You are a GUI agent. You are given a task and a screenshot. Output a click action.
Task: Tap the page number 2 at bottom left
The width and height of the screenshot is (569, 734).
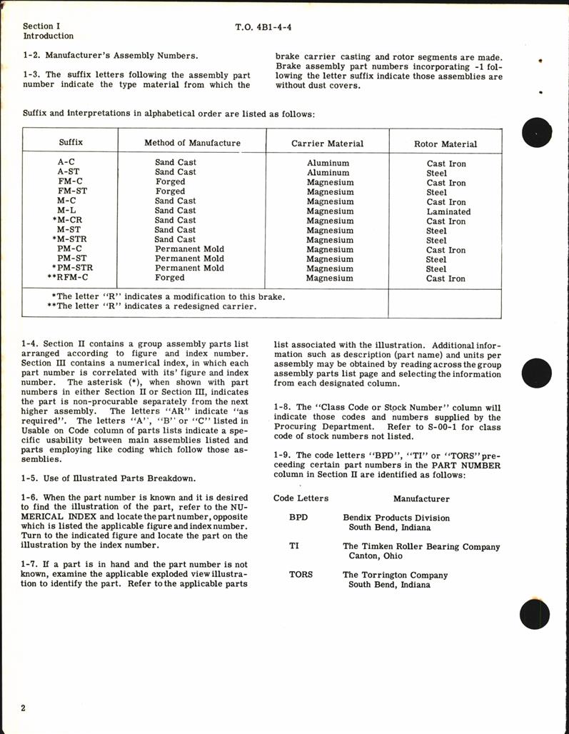[x=24, y=708]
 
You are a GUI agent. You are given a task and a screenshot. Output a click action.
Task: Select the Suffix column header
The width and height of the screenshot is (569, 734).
[x=71, y=143]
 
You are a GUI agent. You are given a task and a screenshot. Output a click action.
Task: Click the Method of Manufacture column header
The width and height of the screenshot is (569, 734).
[x=192, y=143]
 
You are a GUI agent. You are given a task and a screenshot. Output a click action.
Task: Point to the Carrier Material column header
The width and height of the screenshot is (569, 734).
[x=327, y=144]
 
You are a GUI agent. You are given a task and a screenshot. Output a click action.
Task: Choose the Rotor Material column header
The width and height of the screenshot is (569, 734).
[x=445, y=144]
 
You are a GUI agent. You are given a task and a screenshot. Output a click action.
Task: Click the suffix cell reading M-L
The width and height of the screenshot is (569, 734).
[x=66, y=211]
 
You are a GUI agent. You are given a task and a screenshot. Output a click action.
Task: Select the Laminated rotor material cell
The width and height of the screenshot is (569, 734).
[x=448, y=211]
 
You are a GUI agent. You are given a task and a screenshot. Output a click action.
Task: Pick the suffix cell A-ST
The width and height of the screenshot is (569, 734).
[x=68, y=172]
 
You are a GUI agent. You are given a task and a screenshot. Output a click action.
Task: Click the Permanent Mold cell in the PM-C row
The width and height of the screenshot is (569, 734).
[x=189, y=249]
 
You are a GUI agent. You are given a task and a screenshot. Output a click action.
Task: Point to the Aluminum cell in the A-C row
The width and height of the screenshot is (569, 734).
[x=328, y=163]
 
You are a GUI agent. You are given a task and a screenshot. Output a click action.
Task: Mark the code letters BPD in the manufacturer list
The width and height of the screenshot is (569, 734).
[x=298, y=518]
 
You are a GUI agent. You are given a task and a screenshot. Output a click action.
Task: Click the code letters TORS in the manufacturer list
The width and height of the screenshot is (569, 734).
[x=301, y=575]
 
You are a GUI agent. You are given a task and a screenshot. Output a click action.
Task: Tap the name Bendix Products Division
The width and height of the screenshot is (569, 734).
[x=396, y=518]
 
